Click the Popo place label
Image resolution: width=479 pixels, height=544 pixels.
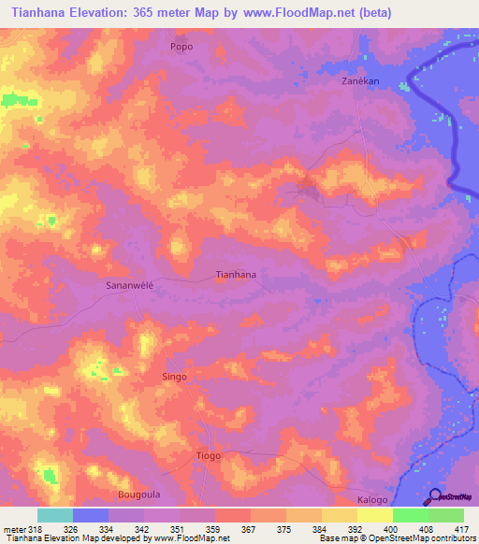(x=181, y=45)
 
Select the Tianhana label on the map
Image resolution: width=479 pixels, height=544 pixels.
(x=236, y=275)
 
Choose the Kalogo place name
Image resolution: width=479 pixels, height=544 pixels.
(x=372, y=501)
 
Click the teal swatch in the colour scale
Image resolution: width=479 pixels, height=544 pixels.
(x=55, y=515)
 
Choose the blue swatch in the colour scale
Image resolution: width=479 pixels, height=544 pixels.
(x=91, y=515)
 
